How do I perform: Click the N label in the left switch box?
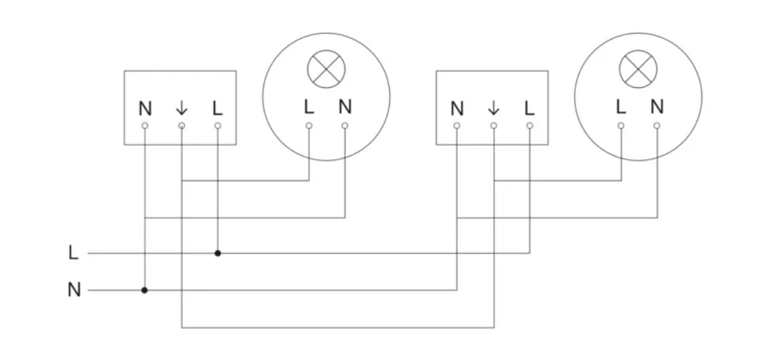coord(145,108)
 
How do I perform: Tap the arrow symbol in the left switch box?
coord(181,108)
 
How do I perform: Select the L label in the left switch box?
coord(217,108)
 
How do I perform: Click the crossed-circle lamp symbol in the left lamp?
coord(326,70)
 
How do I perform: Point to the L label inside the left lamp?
coord(308,106)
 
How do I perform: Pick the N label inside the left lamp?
coord(345,106)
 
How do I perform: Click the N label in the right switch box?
coord(457,108)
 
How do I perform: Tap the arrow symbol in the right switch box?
coord(493,108)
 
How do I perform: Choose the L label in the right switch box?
coord(530,108)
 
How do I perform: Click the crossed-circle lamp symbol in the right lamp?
coord(638,70)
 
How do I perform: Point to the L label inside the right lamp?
coord(621,106)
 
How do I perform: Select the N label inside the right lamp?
coord(657,106)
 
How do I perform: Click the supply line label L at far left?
coord(74,253)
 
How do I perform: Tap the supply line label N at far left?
coord(74,290)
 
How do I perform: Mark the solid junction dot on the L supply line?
coord(217,253)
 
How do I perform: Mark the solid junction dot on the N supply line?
coord(145,290)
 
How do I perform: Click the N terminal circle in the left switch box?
coord(145,126)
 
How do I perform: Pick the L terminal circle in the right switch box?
coord(530,126)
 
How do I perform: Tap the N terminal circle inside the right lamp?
coord(657,125)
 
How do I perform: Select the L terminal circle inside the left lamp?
coord(308,125)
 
